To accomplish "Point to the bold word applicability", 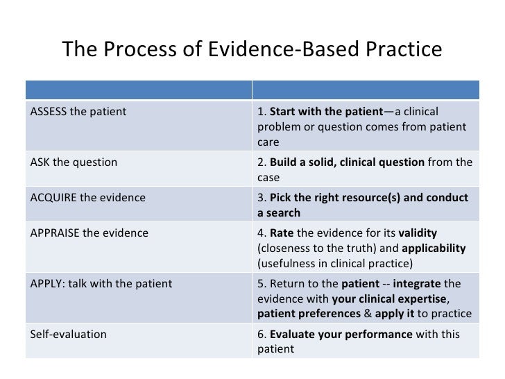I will pos(434,248).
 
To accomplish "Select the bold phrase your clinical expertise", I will pos(388,298).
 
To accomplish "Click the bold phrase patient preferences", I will pos(308,314).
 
